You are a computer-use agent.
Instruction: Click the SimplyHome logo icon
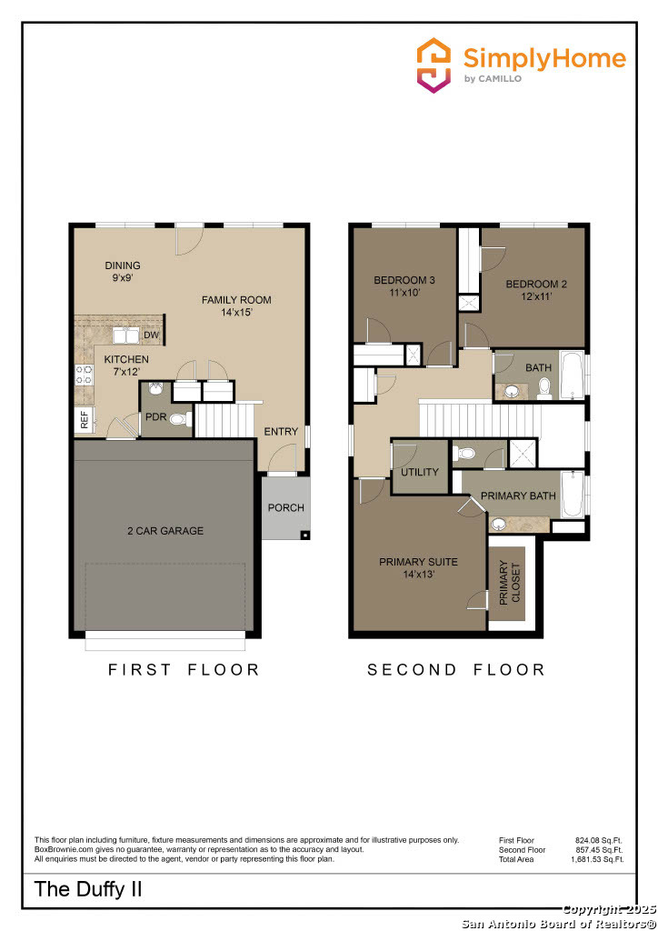(x=434, y=65)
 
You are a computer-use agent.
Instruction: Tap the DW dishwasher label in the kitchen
(x=151, y=335)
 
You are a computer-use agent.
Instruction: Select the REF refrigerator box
(x=85, y=420)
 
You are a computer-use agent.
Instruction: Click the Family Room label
(x=236, y=300)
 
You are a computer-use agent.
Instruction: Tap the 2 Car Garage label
(x=164, y=531)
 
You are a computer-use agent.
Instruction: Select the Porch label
(x=285, y=507)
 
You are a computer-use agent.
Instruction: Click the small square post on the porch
(x=305, y=535)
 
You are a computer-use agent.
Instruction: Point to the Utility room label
(x=420, y=472)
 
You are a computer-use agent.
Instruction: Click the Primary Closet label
(x=509, y=583)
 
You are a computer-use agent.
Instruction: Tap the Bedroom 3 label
(x=404, y=280)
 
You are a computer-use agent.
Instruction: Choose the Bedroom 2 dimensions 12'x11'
(x=536, y=296)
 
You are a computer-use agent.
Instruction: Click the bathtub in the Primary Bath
(x=572, y=495)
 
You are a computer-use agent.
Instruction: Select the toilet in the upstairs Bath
(x=544, y=389)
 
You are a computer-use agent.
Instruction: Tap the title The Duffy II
(x=88, y=889)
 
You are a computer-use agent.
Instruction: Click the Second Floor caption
(x=455, y=670)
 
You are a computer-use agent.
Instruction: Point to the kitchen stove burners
(x=84, y=375)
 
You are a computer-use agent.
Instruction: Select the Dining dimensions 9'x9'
(x=122, y=277)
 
